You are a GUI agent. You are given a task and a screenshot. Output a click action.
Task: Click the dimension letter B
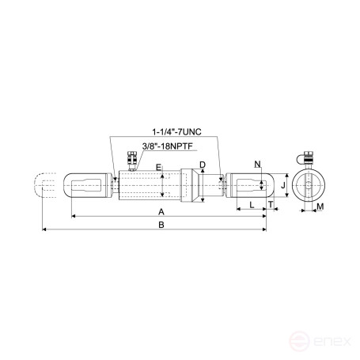click(x=161, y=225)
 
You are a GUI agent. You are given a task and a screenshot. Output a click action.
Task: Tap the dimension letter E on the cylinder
click(x=158, y=167)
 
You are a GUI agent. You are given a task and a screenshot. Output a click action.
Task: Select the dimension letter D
click(x=203, y=165)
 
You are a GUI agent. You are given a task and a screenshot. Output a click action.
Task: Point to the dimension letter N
click(x=257, y=164)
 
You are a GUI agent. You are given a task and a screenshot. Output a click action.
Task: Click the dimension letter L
click(x=252, y=205)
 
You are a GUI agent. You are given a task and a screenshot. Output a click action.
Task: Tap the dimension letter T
click(x=271, y=205)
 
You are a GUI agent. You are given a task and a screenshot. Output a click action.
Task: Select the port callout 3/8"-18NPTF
click(x=168, y=146)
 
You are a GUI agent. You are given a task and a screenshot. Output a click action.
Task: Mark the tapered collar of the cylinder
click(x=188, y=187)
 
